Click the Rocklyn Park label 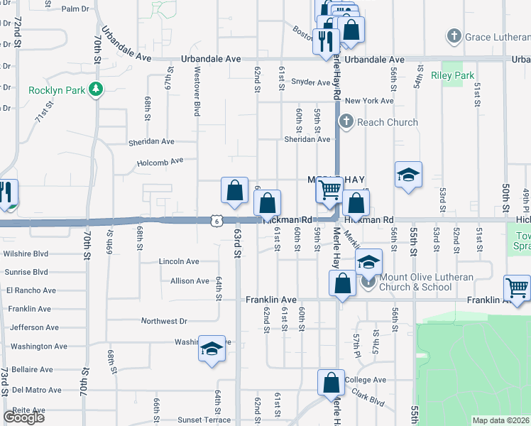pyautogui.click(x=55, y=90)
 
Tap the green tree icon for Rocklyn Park pyautogui.click(x=94, y=89)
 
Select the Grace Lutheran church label pyautogui.click(x=493, y=35)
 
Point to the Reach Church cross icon pyautogui.click(x=346, y=121)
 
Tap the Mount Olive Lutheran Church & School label pyautogui.click(x=415, y=282)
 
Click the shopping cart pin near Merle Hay pyautogui.click(x=329, y=190)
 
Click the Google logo pyautogui.click(x=23, y=417)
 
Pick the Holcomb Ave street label pyautogui.click(x=160, y=161)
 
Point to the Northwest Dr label pyautogui.click(x=164, y=321)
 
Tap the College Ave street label pyautogui.click(x=365, y=380)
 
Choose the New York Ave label pyautogui.click(x=369, y=102)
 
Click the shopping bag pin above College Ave pyautogui.click(x=332, y=383)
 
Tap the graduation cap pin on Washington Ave pyautogui.click(x=212, y=349)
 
